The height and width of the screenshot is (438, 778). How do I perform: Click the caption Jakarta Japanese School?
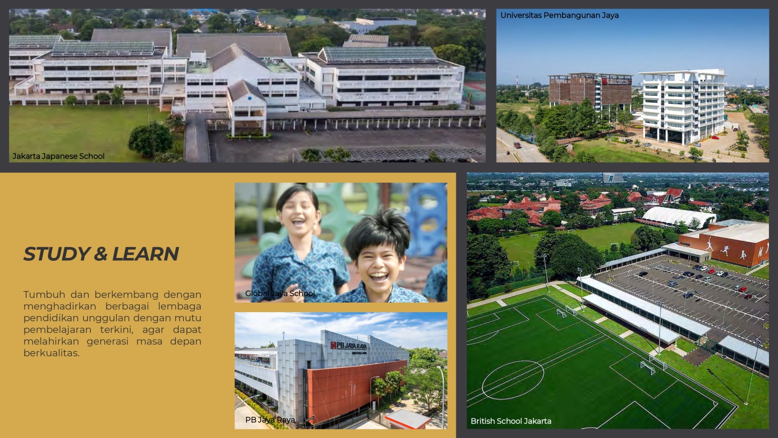pyautogui.click(x=59, y=156)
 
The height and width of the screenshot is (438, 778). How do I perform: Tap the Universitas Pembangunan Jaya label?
pyautogui.click(x=559, y=15)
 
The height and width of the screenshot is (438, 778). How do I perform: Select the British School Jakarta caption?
pyautogui.click(x=511, y=421)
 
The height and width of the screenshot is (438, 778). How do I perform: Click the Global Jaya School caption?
pyautogui.click(x=280, y=293)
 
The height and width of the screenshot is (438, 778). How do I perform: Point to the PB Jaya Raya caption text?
pyautogui.click(x=270, y=420)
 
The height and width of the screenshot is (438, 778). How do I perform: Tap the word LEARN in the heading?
pyautogui.click(x=145, y=254)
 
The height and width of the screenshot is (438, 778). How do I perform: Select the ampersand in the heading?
pyautogui.click(x=101, y=254)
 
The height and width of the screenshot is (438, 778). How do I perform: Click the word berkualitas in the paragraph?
pyautogui.click(x=51, y=353)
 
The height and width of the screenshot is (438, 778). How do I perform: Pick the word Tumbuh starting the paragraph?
pyautogui.click(x=44, y=294)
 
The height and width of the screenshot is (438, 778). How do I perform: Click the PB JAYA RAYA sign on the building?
pyautogui.click(x=348, y=346)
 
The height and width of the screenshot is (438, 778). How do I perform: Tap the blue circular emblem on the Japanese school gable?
pyautogui.click(x=250, y=98)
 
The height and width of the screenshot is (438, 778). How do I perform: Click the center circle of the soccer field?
pyautogui.click(x=512, y=379)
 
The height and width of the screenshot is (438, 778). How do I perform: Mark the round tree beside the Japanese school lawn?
pyautogui.click(x=151, y=139)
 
